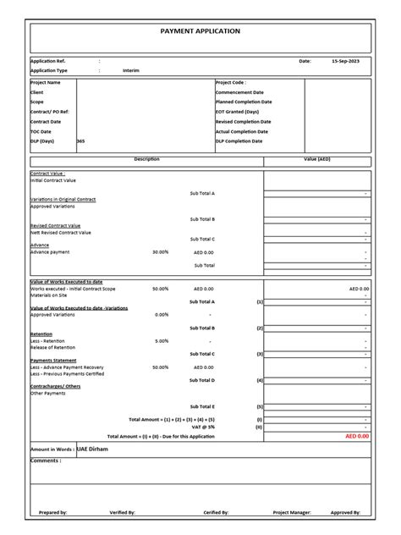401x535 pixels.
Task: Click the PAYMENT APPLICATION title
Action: coord(200,30)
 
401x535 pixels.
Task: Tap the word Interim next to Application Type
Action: coord(131,70)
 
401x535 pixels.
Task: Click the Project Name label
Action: coord(46,83)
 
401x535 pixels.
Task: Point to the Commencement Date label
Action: coord(239,92)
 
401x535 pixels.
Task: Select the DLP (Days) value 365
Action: coord(81,141)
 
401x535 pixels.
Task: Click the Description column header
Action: coord(146,158)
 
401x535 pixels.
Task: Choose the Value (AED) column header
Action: coord(316,158)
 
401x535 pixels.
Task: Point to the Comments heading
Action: coord(46,461)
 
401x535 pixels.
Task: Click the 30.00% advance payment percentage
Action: coord(160,251)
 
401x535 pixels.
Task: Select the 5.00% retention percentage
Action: coord(160,341)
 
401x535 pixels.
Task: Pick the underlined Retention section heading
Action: coord(42,334)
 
